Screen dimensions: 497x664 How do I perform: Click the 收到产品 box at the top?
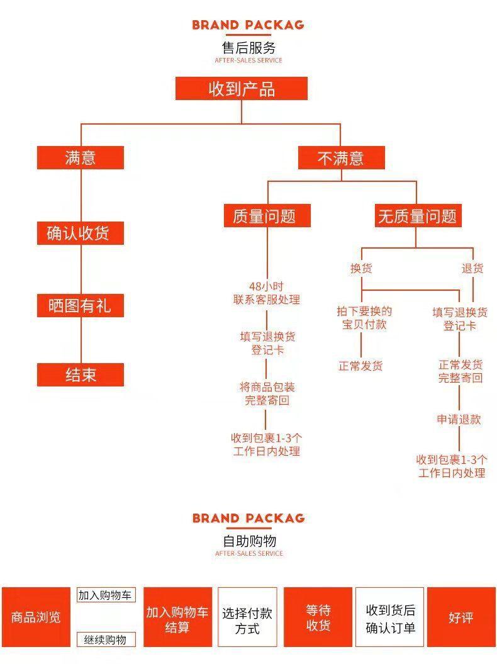pos(242,89)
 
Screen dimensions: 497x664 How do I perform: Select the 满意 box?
pos(81,157)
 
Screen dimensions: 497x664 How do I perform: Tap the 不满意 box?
pos(341,157)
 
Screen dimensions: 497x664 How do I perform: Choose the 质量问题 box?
pos(267,215)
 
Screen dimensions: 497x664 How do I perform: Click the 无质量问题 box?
pos(418,215)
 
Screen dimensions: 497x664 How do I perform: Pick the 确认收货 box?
pos(81,233)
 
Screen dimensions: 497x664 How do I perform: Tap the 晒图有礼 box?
pos(81,305)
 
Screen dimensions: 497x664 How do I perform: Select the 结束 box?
pos(81,374)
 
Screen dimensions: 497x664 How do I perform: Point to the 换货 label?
pos(361,268)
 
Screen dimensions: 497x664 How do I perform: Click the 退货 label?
pos(472,268)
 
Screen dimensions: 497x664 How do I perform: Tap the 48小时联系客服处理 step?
pos(267,293)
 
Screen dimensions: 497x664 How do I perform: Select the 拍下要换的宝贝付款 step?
pos(364,318)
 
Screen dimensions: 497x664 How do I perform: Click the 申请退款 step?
pos(459,419)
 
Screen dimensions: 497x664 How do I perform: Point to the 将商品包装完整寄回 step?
pos(267,393)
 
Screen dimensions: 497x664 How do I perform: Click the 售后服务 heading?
pos(248,47)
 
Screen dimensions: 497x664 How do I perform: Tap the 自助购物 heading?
pos(249,541)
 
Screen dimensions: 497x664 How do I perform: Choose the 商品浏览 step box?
pos(36,617)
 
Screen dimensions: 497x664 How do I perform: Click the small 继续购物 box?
pos(106,639)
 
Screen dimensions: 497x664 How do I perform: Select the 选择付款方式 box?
pos(247,617)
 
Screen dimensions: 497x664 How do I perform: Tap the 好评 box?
pos(461,617)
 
